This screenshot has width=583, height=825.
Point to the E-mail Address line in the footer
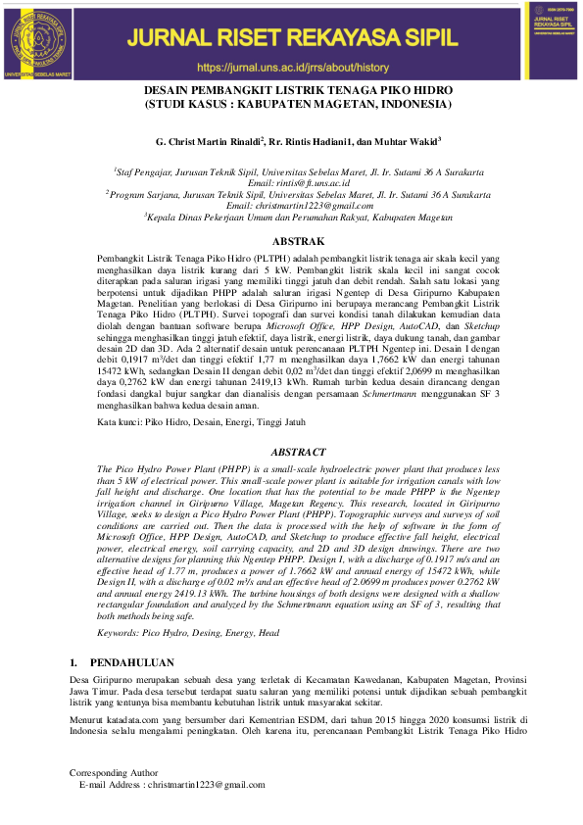point(172,785)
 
